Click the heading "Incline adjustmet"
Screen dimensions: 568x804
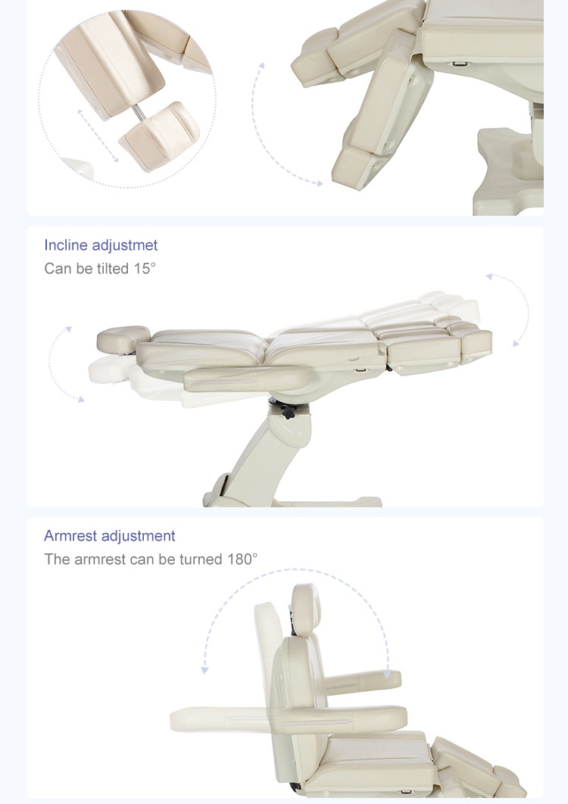pos(101,245)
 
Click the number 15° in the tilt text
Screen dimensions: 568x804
pos(145,268)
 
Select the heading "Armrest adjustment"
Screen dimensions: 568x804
pos(109,536)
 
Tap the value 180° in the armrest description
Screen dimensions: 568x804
pos(242,559)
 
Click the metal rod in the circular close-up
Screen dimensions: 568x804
pos(139,112)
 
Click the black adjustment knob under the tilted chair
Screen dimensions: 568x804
pos(288,411)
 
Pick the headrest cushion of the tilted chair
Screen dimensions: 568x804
pos(123,336)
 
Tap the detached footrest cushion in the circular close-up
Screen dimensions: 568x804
pos(160,134)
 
